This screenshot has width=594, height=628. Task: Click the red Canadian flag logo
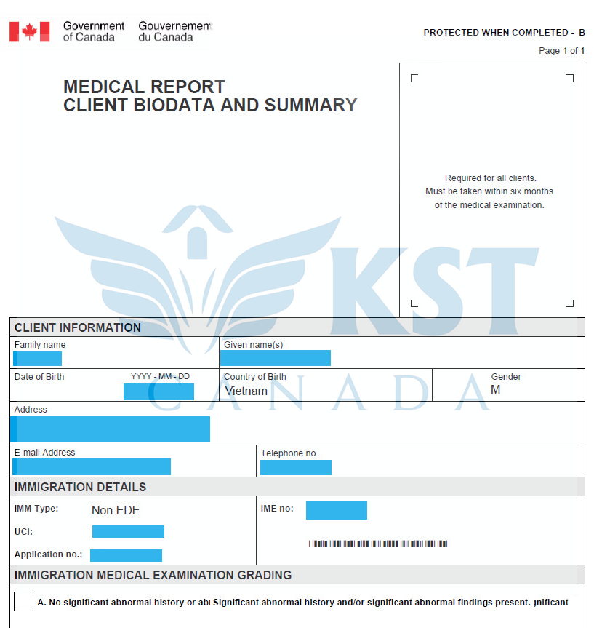[29, 31]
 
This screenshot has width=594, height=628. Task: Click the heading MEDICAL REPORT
[144, 87]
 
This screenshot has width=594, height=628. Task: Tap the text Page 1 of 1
[561, 51]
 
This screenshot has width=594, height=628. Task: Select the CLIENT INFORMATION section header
[78, 327]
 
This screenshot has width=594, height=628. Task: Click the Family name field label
[40, 345]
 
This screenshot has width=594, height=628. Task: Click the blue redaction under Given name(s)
[276, 358]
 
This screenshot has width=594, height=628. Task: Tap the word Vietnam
[246, 391]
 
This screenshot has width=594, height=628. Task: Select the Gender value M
[496, 389]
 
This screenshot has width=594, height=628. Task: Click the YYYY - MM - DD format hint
[160, 376]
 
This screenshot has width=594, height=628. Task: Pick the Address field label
[31, 410]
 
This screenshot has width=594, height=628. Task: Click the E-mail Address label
[44, 453]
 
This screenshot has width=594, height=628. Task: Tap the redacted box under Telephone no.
[295, 467]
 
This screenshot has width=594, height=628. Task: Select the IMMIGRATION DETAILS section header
[80, 487]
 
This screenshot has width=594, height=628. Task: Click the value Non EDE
[116, 510]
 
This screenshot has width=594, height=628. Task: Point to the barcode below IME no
[377, 544]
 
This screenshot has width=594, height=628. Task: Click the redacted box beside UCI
[128, 531]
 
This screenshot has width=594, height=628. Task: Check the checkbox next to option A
[23, 602]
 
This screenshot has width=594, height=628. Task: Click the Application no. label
[48, 555]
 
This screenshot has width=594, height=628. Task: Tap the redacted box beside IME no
[336, 510]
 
